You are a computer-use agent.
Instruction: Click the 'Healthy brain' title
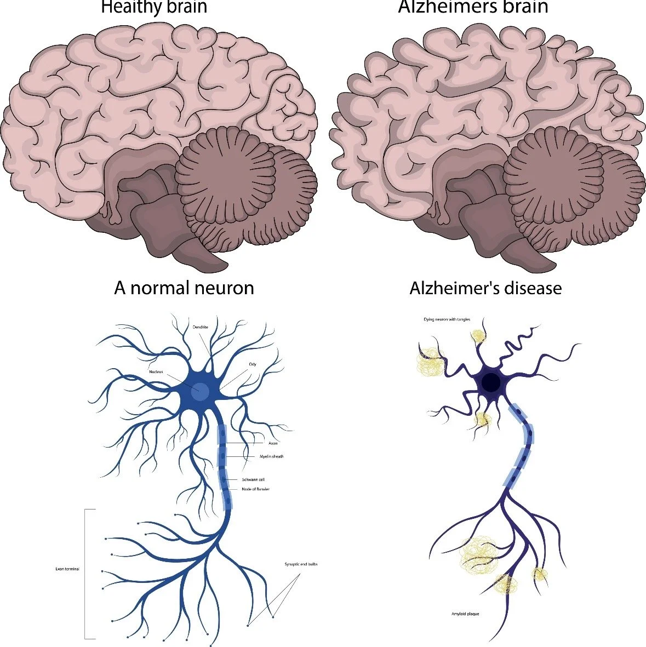click(154, 7)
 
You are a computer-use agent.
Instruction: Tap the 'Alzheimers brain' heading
click(473, 7)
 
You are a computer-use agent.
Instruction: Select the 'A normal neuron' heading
click(184, 288)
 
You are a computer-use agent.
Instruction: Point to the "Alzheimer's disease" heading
click(485, 288)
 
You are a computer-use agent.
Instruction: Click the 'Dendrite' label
click(200, 327)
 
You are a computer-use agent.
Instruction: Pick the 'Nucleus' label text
click(156, 372)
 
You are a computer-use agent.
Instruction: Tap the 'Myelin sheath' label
click(271, 456)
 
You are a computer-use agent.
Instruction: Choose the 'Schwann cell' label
click(253, 479)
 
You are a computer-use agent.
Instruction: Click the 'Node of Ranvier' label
click(255, 489)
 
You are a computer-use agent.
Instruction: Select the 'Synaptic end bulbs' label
click(301, 564)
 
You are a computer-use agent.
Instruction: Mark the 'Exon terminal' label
click(67, 569)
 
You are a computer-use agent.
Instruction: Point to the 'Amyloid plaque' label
click(465, 614)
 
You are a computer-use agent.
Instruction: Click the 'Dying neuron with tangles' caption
click(447, 319)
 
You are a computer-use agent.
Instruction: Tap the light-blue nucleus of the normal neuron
click(201, 391)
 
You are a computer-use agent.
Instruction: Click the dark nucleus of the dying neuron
click(491, 382)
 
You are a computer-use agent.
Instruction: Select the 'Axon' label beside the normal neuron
click(273, 443)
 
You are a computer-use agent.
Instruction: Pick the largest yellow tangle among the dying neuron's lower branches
click(479, 554)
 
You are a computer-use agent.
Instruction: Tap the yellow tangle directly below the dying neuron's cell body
click(482, 420)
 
